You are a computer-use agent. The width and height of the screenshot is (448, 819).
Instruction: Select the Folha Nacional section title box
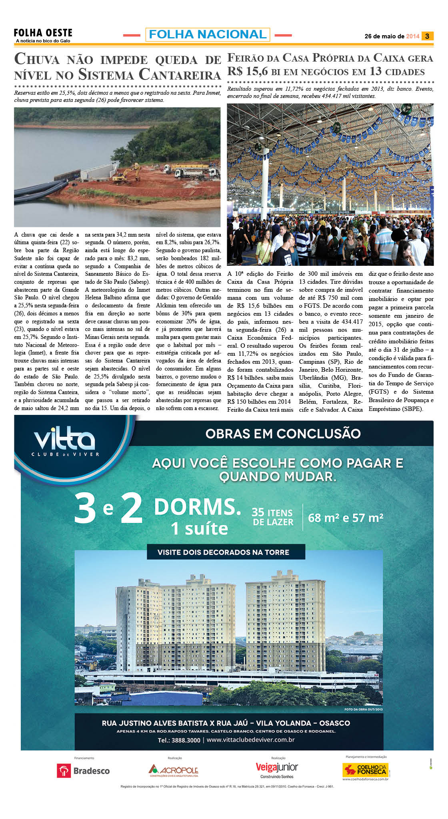click(208, 35)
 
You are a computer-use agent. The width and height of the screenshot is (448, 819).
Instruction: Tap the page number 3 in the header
click(427, 36)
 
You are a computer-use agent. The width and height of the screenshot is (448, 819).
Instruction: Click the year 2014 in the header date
click(412, 36)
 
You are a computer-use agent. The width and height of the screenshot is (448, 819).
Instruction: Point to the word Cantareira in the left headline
click(180, 75)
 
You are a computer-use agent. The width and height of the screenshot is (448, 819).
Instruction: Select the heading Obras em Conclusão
click(283, 434)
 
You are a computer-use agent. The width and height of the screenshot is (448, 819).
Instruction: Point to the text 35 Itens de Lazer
click(273, 517)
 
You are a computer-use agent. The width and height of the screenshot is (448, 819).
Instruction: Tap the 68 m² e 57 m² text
click(346, 518)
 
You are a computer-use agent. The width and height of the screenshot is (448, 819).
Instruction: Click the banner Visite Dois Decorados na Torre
click(223, 552)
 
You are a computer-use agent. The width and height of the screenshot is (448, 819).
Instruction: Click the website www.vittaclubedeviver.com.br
click(251, 739)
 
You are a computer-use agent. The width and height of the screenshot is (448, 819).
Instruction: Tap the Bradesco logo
click(84, 771)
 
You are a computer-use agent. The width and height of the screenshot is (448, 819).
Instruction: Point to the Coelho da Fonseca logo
click(366, 770)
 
